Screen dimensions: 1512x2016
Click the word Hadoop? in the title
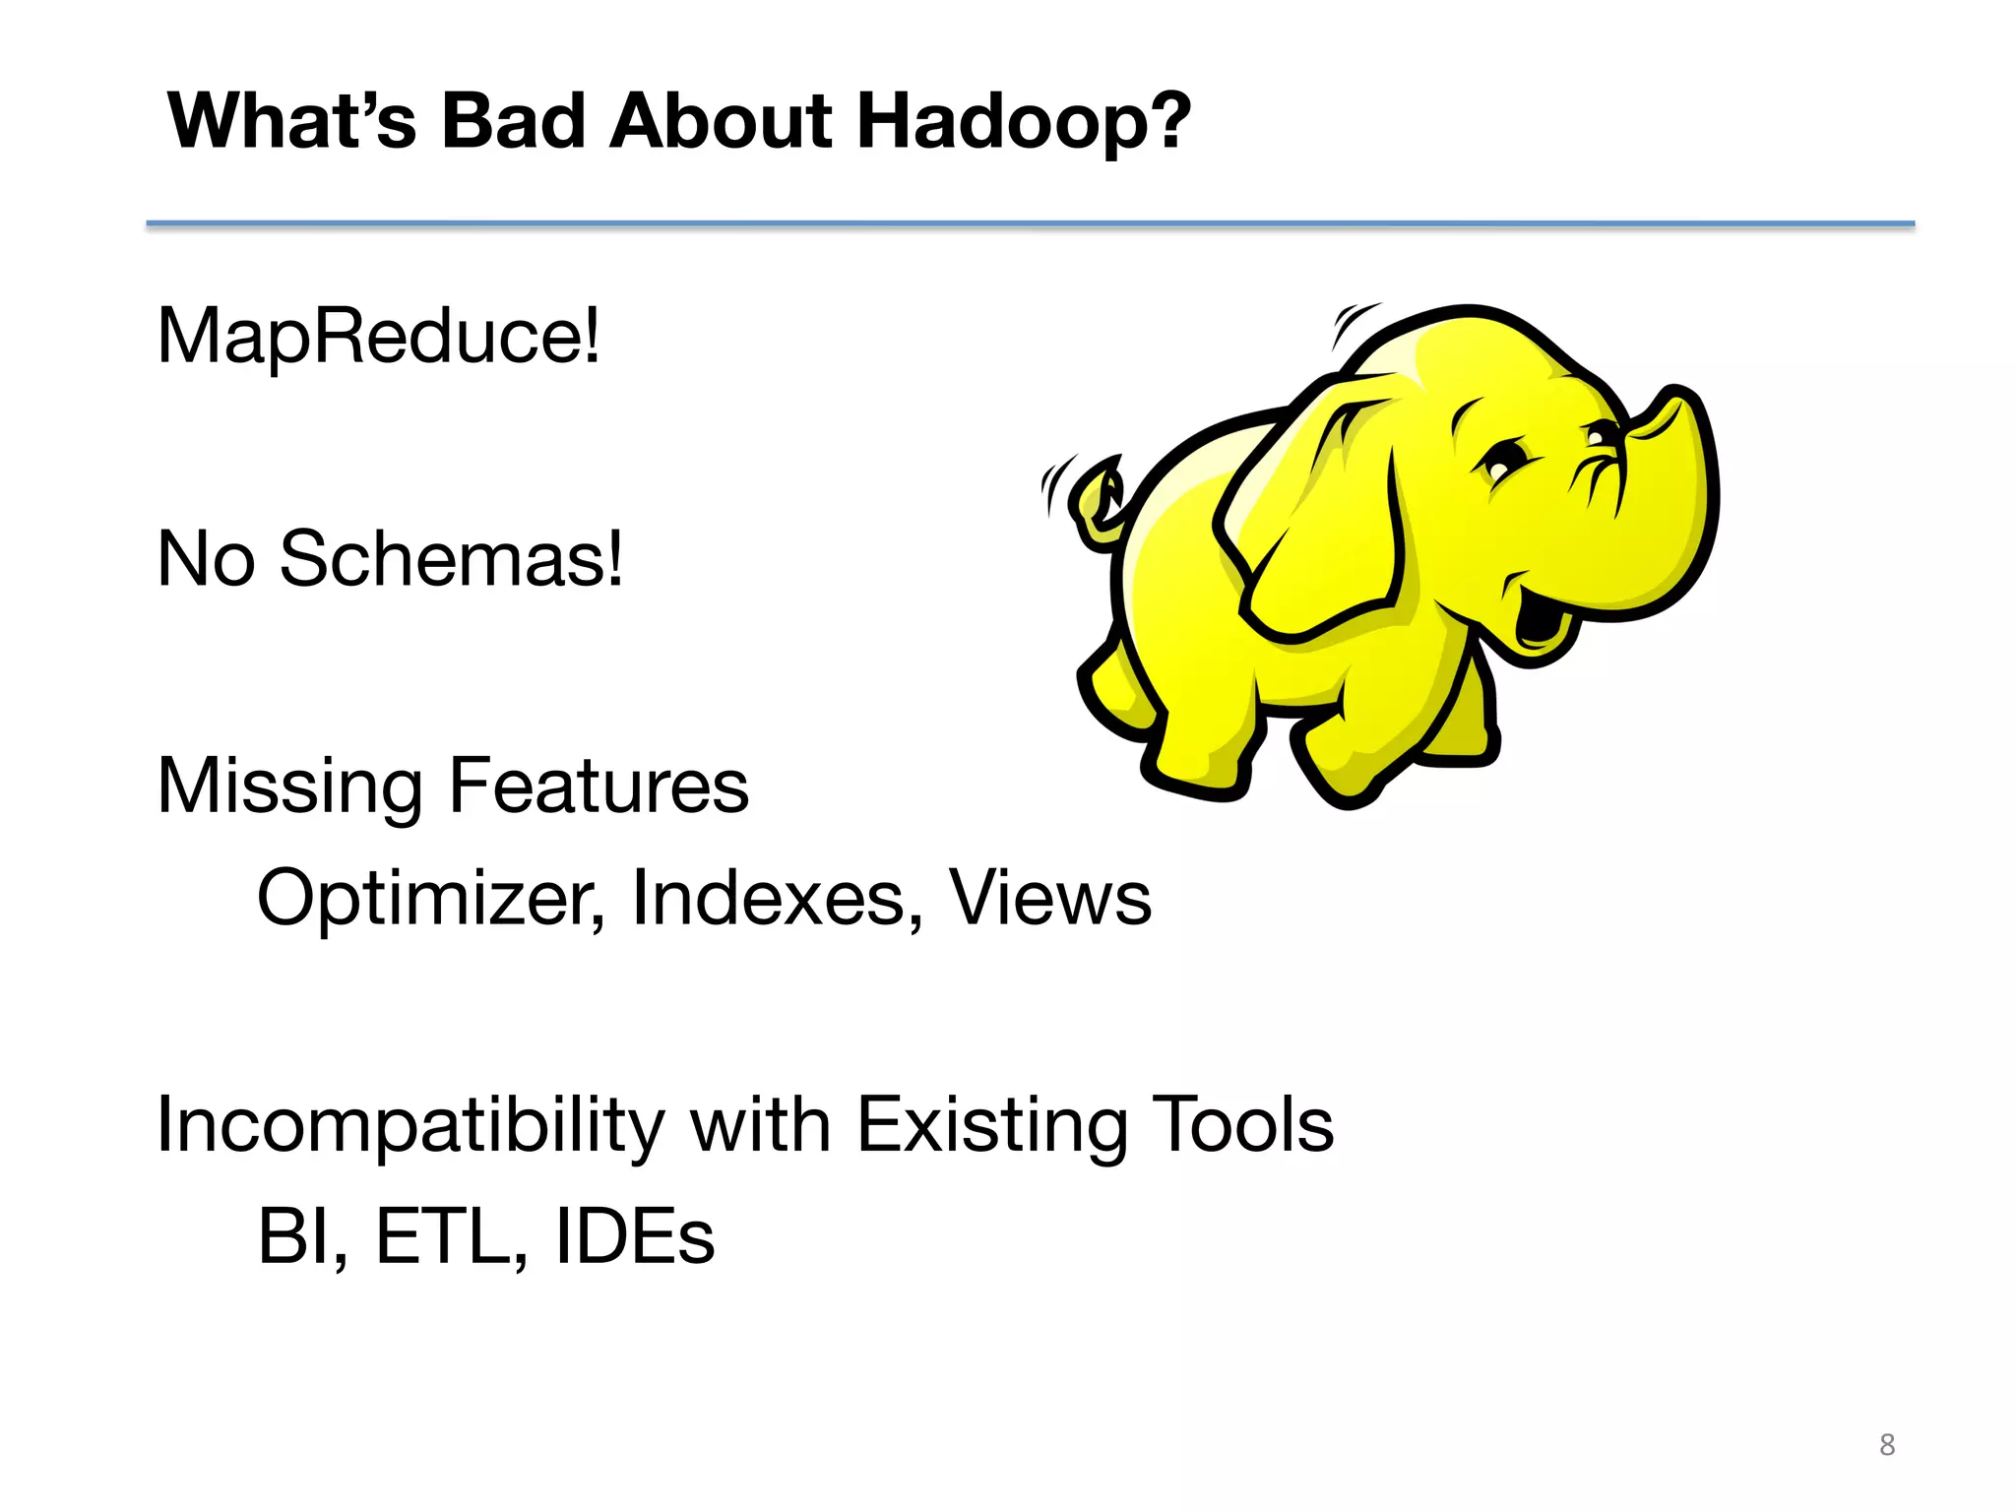click(1024, 121)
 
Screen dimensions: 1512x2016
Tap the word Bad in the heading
click(513, 121)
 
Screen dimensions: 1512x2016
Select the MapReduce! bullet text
click(378, 337)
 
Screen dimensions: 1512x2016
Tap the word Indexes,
click(776, 898)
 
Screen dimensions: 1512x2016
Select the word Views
click(1049, 898)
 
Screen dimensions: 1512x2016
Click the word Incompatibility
click(410, 1126)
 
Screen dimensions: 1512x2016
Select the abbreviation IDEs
click(635, 1236)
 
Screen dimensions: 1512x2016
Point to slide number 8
click(1886, 1444)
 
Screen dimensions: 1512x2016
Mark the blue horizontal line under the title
click(1030, 224)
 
